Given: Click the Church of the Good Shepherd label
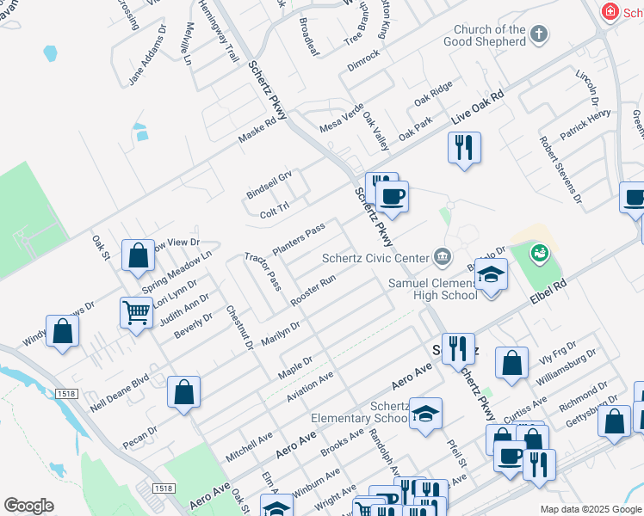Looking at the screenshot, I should point(490,35).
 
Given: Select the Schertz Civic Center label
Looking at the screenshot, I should point(375,257).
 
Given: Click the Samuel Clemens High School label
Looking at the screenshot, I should point(433,289).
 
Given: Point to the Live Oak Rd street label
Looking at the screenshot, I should point(477,107).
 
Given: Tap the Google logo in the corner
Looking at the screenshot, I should point(28,506).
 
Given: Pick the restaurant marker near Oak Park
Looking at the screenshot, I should point(464,148).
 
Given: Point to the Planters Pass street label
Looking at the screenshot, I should point(298,239).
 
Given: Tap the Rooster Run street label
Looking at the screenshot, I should point(313,290).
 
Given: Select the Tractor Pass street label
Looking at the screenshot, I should point(263,271).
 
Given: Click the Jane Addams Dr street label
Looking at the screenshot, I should point(147,53).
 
